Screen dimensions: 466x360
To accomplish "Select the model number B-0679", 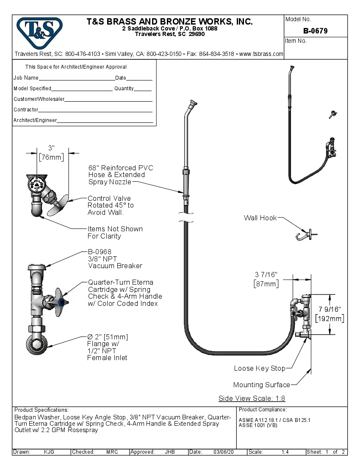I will pos(315,31).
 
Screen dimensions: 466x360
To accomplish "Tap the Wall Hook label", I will pos(260,218).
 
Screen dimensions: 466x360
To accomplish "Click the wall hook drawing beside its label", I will pos(305,235).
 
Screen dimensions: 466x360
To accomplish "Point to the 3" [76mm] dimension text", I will pos(51,153).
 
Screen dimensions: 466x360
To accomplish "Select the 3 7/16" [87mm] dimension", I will pos(266,279).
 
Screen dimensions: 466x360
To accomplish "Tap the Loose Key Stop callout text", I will pos(259,368).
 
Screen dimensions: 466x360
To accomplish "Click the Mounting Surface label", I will pos(261,385).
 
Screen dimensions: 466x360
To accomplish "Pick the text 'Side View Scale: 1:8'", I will pos(252,398).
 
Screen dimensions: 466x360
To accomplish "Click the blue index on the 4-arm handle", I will pos(63,302).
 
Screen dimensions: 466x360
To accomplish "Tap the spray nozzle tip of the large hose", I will pos(193,103).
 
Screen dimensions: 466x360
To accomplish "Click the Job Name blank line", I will pos(77,79).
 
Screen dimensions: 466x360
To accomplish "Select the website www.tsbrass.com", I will pos(261,54).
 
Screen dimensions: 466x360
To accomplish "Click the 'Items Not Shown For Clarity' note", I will pos(115,233).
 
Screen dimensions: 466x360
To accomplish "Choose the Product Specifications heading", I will pos(41,410).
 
